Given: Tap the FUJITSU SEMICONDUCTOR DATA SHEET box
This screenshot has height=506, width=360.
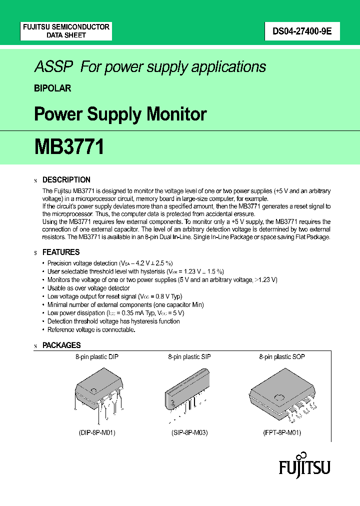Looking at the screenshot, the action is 66,31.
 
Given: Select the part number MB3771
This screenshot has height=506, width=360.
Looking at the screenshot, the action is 69,147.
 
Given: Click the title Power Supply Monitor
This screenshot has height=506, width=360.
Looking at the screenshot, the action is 120,114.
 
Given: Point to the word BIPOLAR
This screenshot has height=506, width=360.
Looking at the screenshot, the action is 52,88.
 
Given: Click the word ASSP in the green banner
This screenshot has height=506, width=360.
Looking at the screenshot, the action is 53,67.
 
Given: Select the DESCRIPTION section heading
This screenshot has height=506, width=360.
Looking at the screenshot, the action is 66,180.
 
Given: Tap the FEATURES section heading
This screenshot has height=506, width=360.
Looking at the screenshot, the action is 61,252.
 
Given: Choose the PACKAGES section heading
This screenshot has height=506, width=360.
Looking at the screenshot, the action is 61,345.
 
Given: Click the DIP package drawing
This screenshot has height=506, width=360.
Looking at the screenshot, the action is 99,393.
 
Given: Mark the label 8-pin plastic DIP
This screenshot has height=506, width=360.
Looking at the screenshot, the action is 96,357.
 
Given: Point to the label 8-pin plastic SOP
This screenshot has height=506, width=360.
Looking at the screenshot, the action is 281,357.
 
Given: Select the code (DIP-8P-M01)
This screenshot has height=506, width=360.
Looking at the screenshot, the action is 97,432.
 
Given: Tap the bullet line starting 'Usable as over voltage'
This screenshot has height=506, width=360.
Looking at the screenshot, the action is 88,288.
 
